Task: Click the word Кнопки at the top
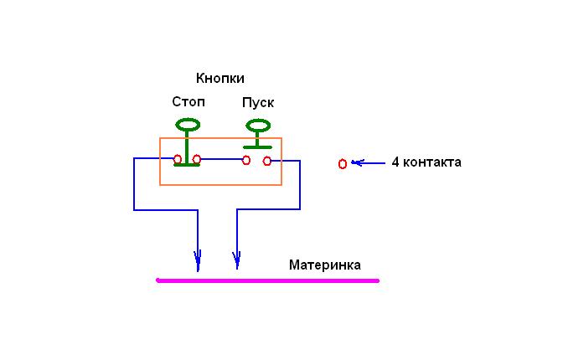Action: point(219,78)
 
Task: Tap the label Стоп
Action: point(188,102)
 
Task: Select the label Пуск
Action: point(258,103)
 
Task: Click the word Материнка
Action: point(325,265)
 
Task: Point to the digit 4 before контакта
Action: point(395,162)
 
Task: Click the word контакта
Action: point(432,162)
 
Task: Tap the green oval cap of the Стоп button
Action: point(188,125)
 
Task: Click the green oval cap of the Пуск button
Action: point(258,126)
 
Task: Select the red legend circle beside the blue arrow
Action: point(343,164)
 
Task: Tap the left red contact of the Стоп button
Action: point(178,159)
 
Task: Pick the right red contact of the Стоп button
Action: point(197,159)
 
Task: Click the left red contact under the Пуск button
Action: point(246,160)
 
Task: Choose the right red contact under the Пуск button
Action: point(267,161)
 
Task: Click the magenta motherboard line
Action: point(268,280)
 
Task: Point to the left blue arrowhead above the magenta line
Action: point(198,260)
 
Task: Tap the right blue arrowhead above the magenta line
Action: point(237,260)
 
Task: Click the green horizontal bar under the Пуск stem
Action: point(257,147)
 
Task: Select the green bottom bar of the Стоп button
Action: point(187,165)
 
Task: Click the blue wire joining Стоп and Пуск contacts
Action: point(221,159)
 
